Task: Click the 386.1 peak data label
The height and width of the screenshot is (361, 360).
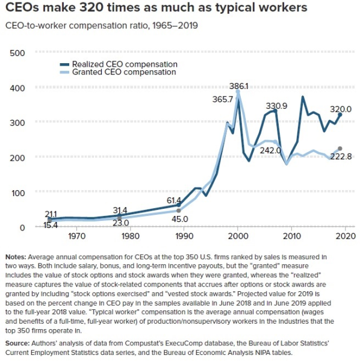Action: [238, 86]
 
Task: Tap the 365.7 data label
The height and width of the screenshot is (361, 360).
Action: [223, 99]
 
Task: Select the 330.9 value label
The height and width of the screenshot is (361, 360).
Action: [276, 106]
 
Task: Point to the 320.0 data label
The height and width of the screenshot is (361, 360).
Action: [341, 109]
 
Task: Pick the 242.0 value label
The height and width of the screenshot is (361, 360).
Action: [270, 150]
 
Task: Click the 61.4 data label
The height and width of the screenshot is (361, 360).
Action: [174, 200]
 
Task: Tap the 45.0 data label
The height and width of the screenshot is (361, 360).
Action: [179, 219]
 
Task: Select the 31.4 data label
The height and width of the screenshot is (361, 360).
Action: [120, 210]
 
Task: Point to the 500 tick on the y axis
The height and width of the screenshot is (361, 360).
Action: [17, 53]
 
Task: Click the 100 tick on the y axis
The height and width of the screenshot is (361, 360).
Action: [18, 193]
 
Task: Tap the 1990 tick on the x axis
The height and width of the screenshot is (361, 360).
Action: [184, 236]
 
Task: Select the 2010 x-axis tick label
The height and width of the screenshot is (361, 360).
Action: [292, 236]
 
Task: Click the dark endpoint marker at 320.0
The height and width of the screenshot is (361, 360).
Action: [340, 114]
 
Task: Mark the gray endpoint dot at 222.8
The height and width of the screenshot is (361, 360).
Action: [340, 149]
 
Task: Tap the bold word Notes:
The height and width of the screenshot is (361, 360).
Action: [16, 257]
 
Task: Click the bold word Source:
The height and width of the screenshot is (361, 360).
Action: [17, 344]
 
